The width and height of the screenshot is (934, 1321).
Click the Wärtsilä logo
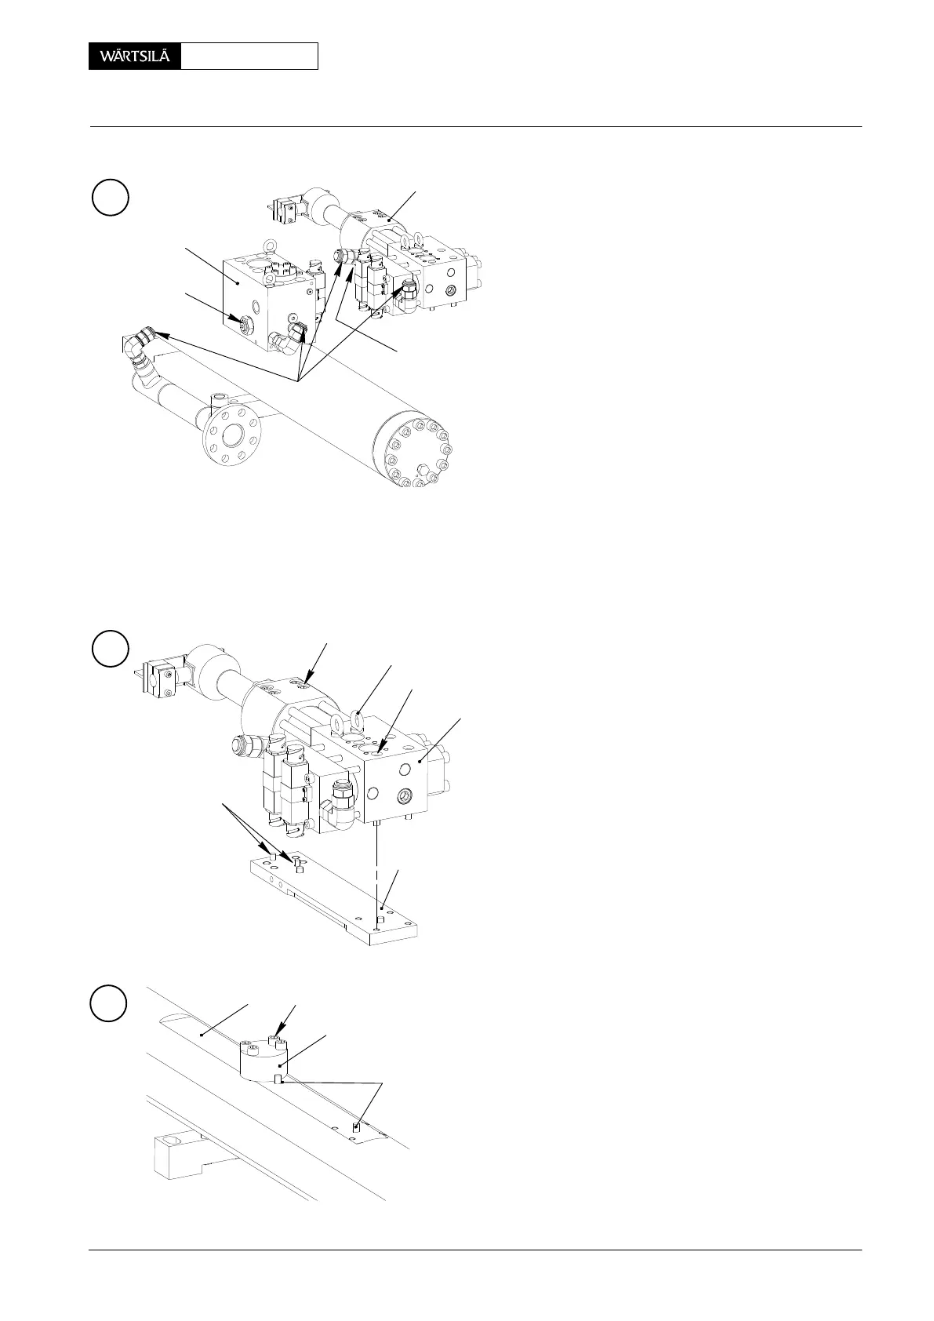tap(135, 56)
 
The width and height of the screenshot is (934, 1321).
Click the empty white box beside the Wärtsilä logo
tap(249, 56)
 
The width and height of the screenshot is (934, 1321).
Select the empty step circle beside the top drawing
tap(110, 197)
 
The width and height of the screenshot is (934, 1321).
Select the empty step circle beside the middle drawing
tap(110, 648)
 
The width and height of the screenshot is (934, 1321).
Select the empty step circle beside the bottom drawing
tap(110, 1003)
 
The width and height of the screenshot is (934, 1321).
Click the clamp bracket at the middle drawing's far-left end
tap(158, 679)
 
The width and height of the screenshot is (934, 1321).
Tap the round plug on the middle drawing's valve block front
tap(405, 794)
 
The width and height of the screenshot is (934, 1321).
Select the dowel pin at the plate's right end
tap(378, 919)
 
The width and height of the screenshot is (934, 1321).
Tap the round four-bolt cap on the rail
tap(263, 1055)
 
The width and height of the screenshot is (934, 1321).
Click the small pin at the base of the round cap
tap(279, 1081)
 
